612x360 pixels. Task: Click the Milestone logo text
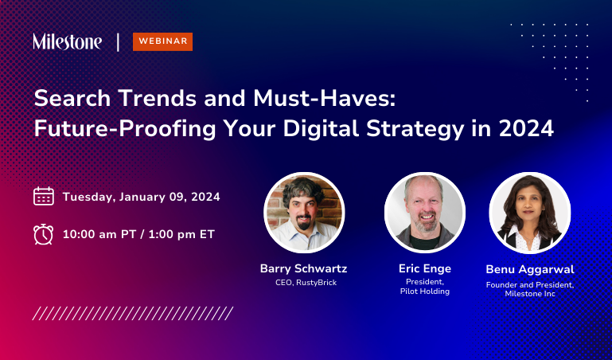67,41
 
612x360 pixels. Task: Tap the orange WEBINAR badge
162,41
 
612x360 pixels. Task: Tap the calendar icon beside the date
44,196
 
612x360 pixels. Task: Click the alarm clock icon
44,234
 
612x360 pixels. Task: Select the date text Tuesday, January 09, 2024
141,197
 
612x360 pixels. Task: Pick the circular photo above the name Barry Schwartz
304,213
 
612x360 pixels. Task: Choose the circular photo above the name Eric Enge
424,213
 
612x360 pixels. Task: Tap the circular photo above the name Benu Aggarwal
529,213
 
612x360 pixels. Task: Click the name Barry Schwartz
304,268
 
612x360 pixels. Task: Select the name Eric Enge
425,268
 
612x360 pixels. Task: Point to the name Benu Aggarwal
530,269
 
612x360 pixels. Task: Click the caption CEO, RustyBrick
304,283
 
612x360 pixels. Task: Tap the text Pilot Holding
425,292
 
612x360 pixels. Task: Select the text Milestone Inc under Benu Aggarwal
530,295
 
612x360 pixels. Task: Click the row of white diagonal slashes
133,313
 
